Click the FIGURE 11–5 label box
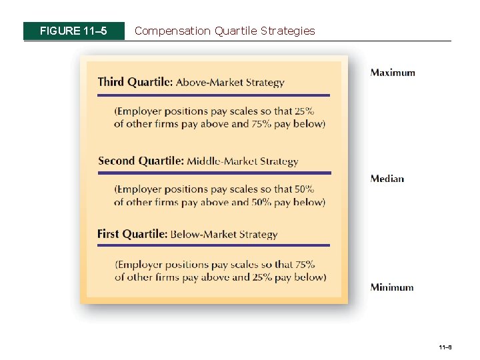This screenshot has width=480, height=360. tap(74, 31)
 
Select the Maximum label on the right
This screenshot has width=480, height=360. tap(393, 73)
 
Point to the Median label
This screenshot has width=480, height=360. tap(387, 178)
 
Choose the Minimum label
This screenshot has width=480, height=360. tap(392, 287)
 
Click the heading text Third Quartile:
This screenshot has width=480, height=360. tap(135, 83)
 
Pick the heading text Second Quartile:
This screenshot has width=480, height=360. tap(141, 161)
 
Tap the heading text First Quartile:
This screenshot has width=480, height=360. tap(132, 234)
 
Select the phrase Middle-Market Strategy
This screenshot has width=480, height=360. tap(243, 161)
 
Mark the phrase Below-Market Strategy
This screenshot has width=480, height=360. tap(224, 235)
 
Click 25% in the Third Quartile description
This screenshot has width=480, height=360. tap(303, 111)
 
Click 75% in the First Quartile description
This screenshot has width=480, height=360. tap(303, 265)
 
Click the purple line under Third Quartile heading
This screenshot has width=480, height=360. tap(213, 95)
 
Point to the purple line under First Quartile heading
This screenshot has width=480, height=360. tap(213, 245)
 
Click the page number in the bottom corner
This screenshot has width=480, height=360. tap(445, 347)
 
